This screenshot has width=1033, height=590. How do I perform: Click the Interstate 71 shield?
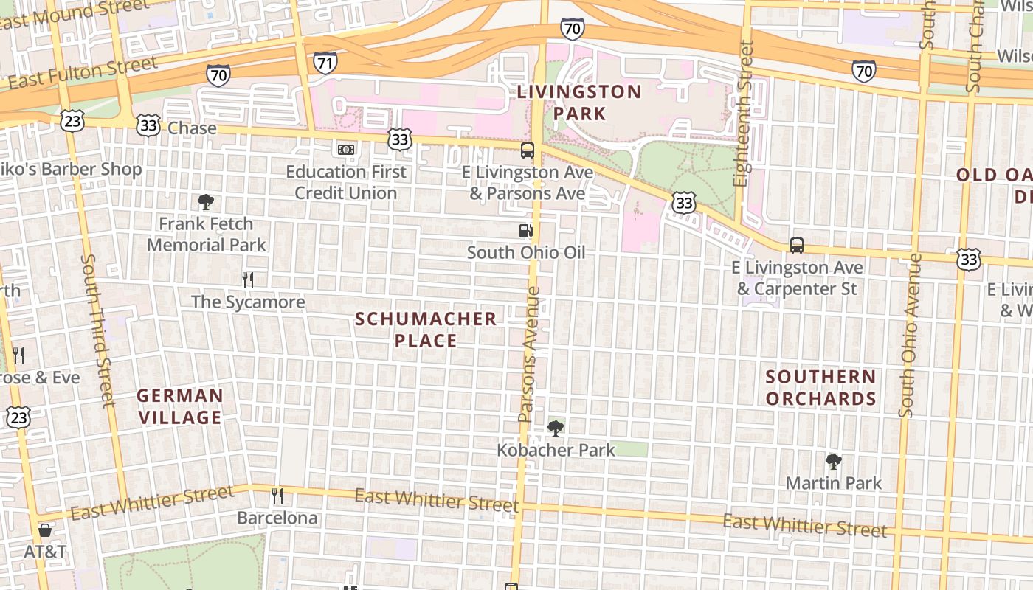pos(325,63)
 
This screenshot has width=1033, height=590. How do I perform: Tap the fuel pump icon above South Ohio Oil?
pos(525,231)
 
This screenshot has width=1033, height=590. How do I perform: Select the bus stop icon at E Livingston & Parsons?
pos(528,150)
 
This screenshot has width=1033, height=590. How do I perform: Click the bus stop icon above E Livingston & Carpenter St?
pos(797,246)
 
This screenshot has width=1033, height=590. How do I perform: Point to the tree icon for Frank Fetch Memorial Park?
pos(206,202)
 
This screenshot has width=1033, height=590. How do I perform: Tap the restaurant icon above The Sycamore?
pos(248,280)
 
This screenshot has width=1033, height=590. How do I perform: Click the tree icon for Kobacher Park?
pos(556,428)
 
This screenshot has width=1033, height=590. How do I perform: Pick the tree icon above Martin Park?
pos(834,462)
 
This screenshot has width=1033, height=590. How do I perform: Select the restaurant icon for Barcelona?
pos(277,496)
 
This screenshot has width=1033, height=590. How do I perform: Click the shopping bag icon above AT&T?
pos(45,530)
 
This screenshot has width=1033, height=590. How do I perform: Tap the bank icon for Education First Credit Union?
pos(346,150)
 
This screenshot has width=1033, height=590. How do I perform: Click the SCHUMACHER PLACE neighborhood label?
pos(426,330)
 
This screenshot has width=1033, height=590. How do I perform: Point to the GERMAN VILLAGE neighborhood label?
pos(180,406)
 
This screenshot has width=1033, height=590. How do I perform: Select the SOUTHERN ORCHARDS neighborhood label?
pos(820,388)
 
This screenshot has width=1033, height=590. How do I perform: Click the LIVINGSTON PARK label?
pos(579,103)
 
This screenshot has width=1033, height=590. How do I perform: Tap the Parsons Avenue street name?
pos(530,354)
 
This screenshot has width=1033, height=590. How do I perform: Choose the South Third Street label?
pos(98,330)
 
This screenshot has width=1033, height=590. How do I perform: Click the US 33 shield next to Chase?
pos(148,125)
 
